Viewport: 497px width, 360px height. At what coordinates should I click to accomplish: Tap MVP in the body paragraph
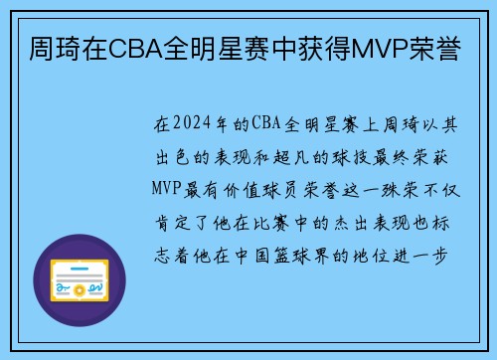(x=171, y=188)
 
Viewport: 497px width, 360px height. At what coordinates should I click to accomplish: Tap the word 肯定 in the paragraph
(x=172, y=220)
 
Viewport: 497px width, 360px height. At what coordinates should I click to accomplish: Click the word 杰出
(x=347, y=220)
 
